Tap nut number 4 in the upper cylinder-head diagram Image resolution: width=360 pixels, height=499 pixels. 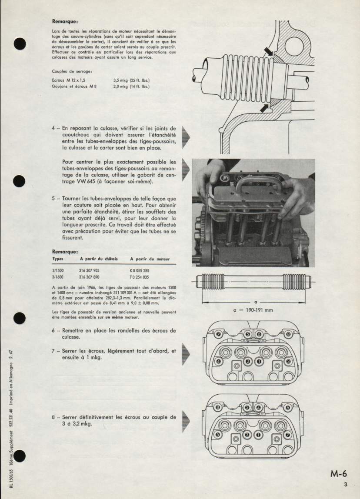(x=218, y=361)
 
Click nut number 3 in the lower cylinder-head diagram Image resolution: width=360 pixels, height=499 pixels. (x=247, y=435)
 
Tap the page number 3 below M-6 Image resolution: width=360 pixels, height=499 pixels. (x=345, y=485)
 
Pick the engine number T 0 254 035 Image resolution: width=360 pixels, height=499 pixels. (x=139, y=276)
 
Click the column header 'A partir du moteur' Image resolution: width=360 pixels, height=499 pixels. (x=150, y=259)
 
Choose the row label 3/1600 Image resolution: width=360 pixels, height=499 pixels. (x=58, y=276)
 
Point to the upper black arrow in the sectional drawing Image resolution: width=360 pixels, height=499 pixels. (x=268, y=52)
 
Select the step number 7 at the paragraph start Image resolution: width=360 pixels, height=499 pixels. (x=53, y=351)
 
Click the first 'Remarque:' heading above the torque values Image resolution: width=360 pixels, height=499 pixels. (x=65, y=21)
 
